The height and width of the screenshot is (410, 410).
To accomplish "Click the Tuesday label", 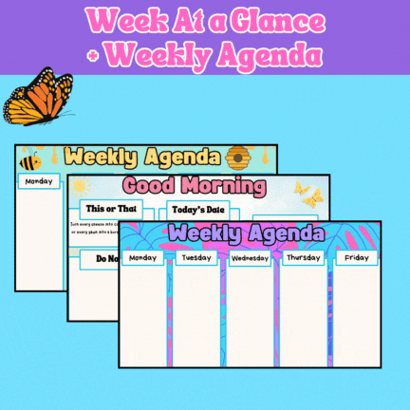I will pos(196,257).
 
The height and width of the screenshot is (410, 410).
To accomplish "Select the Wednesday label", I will pos(250,257).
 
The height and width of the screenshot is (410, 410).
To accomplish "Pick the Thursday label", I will pos(303,257).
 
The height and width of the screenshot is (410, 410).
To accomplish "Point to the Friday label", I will pos(356,257).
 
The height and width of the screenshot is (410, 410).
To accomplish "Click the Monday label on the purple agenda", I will pos(143,257).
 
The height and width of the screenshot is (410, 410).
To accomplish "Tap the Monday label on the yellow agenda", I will pos(39,180).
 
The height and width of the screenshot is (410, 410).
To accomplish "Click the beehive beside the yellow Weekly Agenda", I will pos(237,157).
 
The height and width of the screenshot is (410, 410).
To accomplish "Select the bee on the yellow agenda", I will pos(29,161).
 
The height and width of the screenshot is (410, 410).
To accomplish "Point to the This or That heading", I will pos(111,209).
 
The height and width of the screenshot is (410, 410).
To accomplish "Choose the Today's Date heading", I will pos(199,209).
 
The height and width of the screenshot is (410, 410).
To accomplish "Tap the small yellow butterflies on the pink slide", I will pos(309,194).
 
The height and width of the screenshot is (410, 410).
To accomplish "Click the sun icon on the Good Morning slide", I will pos(79,186).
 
